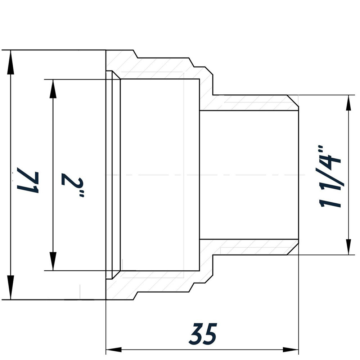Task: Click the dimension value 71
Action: click(x=28, y=180)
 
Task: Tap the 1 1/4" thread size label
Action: click(x=330, y=176)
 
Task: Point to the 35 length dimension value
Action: click(x=203, y=334)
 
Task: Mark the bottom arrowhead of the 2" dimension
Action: click(x=53, y=261)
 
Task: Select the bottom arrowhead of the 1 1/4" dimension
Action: click(x=348, y=247)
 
